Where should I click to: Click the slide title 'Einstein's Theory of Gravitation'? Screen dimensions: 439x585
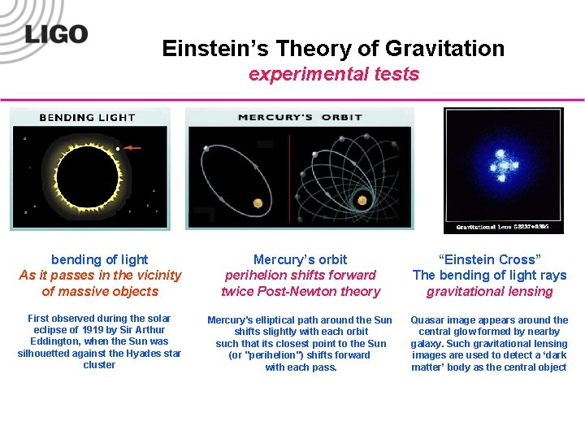333,49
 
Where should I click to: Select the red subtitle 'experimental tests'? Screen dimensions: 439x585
333,74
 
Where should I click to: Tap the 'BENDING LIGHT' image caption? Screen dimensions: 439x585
88,118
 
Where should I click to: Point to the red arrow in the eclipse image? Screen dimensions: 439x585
132,149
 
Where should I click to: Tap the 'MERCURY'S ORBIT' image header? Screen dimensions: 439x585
300,118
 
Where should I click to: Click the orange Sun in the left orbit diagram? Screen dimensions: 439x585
258,202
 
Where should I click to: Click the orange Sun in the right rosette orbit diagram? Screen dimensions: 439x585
359,198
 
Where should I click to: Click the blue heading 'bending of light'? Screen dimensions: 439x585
99,259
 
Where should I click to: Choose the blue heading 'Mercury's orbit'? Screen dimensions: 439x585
300,259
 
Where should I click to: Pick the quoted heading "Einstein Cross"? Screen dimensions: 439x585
489,259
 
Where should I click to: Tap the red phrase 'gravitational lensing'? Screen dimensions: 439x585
489,291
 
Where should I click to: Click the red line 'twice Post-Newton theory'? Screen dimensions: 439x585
300,291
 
